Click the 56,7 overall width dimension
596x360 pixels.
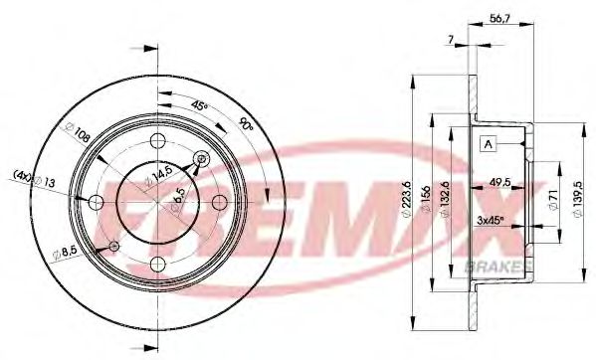point(499,17)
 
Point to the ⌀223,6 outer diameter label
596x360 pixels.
point(408,197)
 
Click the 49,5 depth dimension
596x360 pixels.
point(499,182)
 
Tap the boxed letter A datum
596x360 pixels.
point(488,144)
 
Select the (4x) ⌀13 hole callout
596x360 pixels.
point(31,180)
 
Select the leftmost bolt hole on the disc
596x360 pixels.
point(96,203)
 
